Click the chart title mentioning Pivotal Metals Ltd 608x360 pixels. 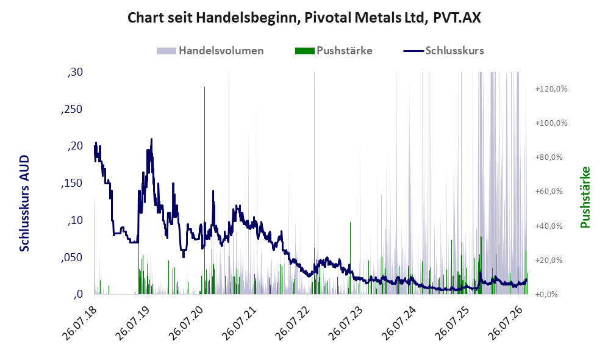click(x=304, y=18)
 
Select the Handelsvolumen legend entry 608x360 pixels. click(x=210, y=51)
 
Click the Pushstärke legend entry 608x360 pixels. click(x=334, y=51)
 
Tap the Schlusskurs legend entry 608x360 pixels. click(x=443, y=51)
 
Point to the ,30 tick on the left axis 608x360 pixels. click(x=75, y=72)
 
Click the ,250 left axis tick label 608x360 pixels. click(x=72, y=109)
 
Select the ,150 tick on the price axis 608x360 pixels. click(x=72, y=183)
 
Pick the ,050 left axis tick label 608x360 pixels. click(x=72, y=257)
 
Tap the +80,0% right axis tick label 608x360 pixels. click(x=549, y=157)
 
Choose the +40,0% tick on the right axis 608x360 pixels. click(x=549, y=226)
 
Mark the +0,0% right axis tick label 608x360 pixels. click(x=546, y=295)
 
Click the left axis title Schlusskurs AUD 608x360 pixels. click(x=24, y=203)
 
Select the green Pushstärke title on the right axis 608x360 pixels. click(x=585, y=198)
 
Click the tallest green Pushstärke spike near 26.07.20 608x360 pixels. click(x=204, y=190)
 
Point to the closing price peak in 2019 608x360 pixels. click(x=151, y=139)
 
